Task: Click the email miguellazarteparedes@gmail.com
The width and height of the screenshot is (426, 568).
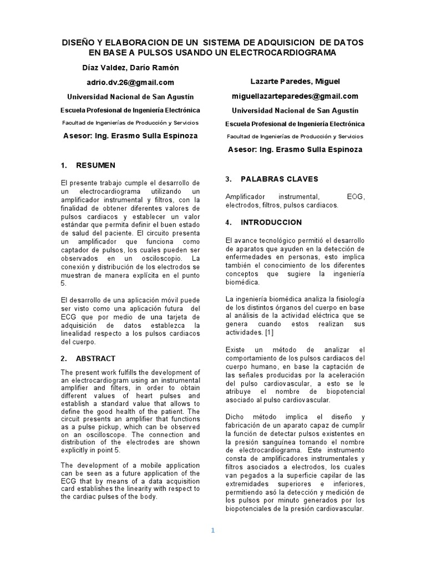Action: point(295,96)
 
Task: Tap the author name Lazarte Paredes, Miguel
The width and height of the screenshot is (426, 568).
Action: point(295,82)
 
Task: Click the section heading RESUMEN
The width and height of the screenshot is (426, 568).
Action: point(96,165)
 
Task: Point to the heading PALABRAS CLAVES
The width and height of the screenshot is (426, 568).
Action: point(280,179)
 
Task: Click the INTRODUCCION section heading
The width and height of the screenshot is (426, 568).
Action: point(271,222)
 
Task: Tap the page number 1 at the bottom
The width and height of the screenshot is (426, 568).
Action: point(212,530)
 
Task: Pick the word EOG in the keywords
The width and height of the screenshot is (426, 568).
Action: point(356,197)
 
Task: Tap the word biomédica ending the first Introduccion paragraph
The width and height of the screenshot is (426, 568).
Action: point(242,282)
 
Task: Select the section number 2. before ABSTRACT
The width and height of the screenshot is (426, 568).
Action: point(64,358)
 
